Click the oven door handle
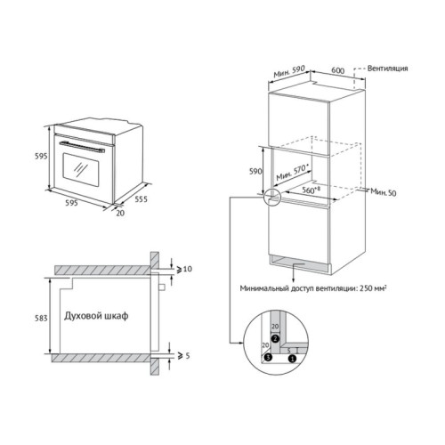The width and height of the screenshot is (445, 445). tap(82, 147)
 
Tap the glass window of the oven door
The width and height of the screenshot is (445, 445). tap(81, 170)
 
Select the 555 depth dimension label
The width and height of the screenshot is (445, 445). tap(141, 199)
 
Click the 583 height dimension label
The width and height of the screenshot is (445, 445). tap(41, 319)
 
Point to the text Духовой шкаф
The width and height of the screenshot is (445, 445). tap(96, 316)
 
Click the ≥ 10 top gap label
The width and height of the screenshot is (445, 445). tap(184, 269)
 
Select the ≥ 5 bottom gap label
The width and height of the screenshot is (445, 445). tap(183, 355)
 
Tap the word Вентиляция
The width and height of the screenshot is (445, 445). tap(387, 69)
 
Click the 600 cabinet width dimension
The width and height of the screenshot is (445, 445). tap(338, 70)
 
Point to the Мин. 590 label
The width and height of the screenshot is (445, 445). tap(289, 72)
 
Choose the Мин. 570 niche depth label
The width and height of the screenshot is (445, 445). tap(293, 173)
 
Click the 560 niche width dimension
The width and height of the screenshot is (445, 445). tap(311, 190)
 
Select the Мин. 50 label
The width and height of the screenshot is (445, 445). tap(384, 192)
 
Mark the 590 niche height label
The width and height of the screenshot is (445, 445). tap(255, 171)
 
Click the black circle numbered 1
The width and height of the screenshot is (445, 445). tap(292, 359)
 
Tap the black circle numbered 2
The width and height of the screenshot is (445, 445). tap(276, 338)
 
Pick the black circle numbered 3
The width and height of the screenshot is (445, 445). tap(268, 357)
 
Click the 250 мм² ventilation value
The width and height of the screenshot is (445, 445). tap(373, 288)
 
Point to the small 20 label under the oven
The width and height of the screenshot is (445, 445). tap(120, 213)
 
